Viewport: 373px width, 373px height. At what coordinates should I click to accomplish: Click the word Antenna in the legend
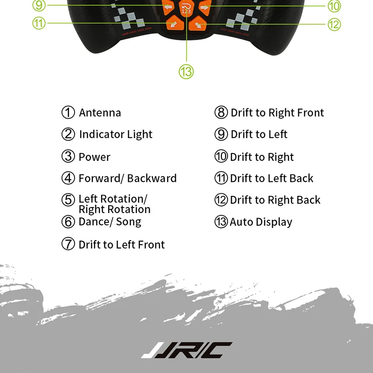click(x=100, y=113)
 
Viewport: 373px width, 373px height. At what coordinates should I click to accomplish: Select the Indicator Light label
click(x=116, y=135)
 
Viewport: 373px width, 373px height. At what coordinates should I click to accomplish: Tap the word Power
click(x=94, y=157)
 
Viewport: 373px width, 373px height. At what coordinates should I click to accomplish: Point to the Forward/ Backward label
click(x=127, y=178)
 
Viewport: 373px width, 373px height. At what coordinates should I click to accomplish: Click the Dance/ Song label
click(x=110, y=221)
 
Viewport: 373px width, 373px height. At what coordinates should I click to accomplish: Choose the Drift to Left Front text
click(x=121, y=244)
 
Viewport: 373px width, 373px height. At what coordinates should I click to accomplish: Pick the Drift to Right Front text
click(x=277, y=113)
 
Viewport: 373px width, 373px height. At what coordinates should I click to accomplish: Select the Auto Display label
click(x=261, y=222)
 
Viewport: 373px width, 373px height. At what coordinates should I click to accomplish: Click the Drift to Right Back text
click(x=275, y=200)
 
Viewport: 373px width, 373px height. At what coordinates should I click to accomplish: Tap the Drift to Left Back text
click(x=271, y=178)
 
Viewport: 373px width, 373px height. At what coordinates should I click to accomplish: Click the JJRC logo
click(x=186, y=350)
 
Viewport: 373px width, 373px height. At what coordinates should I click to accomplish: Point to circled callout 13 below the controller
click(x=186, y=72)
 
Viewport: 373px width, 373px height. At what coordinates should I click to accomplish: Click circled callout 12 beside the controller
click(x=334, y=24)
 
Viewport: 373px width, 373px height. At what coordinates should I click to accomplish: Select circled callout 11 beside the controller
click(x=39, y=22)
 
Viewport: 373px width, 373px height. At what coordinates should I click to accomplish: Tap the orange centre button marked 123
click(x=186, y=8)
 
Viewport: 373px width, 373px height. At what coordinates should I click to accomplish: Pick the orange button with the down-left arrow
click(x=173, y=23)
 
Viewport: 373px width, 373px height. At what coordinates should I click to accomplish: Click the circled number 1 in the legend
click(x=68, y=113)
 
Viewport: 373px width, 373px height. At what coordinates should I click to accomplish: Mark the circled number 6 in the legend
click(x=68, y=222)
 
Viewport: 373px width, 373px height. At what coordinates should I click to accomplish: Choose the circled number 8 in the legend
click(x=221, y=113)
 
